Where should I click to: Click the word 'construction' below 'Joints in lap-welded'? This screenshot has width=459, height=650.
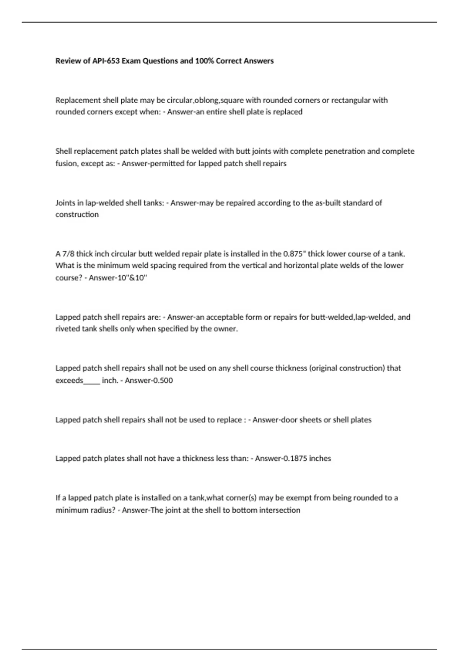pyautogui.click(x=77, y=214)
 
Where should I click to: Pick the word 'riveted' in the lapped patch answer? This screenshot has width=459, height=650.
pyautogui.click(x=67, y=329)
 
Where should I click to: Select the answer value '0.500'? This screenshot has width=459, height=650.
pyautogui.click(x=163, y=380)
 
